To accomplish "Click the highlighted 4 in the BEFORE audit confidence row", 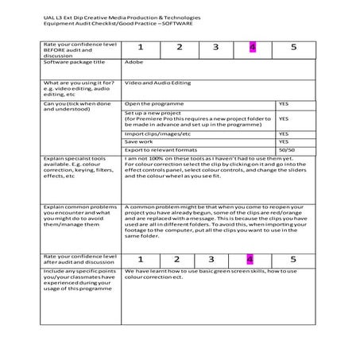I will coord(252,48).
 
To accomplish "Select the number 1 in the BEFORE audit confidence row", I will coord(140,48).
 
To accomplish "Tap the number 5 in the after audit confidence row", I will coord(292,259).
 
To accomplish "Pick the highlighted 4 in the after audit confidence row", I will coord(250,259).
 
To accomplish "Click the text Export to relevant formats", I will coord(161,149).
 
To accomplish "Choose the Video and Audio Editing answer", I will coord(160,83).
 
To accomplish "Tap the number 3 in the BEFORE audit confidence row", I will coord(215,48).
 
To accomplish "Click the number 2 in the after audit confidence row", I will coord(176,259).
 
